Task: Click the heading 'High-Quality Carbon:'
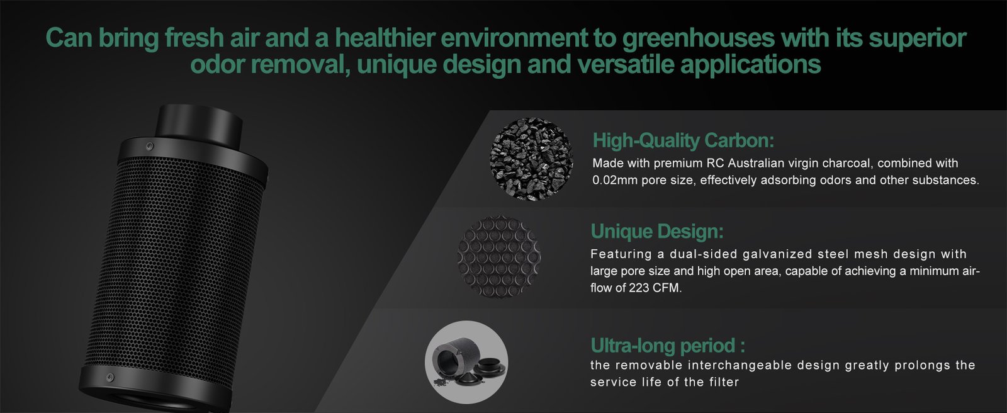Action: (684, 140)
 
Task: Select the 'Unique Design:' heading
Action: (657, 231)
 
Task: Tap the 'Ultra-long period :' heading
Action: (668, 346)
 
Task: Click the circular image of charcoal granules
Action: (531, 159)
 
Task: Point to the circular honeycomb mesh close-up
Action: (498, 257)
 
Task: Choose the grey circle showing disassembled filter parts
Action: (466, 362)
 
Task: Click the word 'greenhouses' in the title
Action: (699, 38)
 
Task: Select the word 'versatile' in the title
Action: (626, 64)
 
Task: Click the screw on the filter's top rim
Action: (150, 146)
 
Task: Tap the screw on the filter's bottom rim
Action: (110, 377)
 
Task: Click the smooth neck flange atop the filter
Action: (199, 122)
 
